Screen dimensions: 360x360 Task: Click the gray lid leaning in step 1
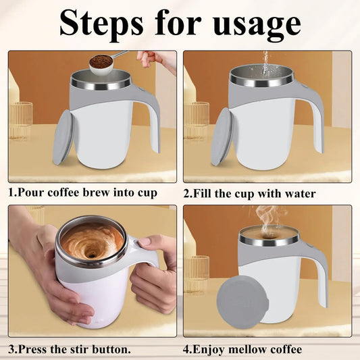63,136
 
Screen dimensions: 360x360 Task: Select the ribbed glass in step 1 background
21,118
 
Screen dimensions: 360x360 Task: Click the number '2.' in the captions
188,193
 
